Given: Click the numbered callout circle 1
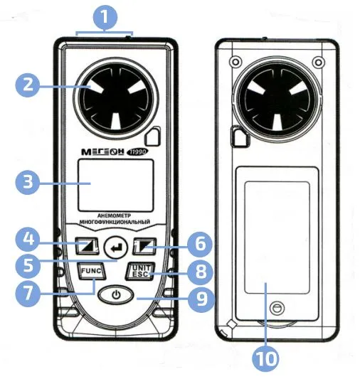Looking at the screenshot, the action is [105, 16].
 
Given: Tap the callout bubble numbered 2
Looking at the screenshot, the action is [28, 85].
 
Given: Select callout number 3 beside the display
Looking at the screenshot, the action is [28, 182].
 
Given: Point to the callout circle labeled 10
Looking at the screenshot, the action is [265, 359].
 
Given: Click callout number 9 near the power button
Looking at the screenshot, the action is [201, 299].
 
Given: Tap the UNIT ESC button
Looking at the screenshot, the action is [139, 271].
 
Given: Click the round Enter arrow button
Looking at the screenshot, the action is [116, 247].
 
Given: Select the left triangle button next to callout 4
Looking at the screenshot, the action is [87, 246].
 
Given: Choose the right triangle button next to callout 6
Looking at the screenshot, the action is [144, 246].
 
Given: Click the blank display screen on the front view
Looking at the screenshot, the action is [116, 186].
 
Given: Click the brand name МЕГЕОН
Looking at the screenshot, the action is [102, 151].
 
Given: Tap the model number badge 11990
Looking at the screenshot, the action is [137, 151].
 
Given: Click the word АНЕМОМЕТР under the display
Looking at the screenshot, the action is [114, 215].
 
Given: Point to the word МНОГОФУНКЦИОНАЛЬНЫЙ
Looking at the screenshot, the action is [115, 222].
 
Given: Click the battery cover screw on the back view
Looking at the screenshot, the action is [277, 308].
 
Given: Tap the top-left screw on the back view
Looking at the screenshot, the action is [235, 63].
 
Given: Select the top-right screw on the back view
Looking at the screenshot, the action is [319, 63].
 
